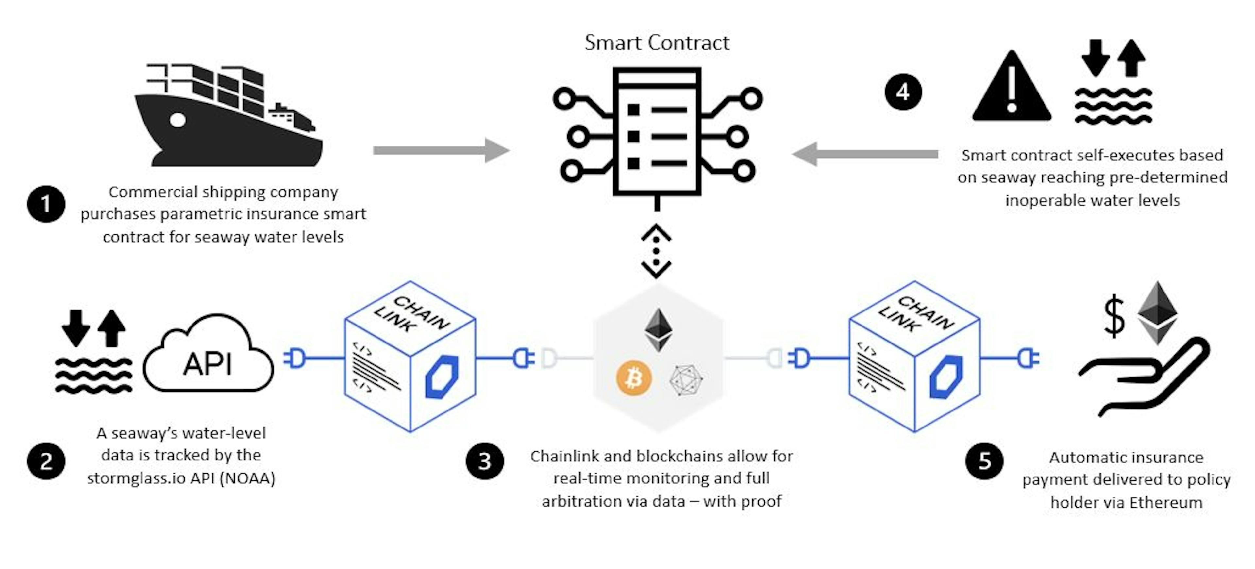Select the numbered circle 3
pos(485,461)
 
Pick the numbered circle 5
pos(984,461)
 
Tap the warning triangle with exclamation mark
pos(1012,86)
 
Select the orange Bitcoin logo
pos(634,378)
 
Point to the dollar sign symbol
pos(1114,317)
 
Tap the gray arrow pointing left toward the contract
pos(865,154)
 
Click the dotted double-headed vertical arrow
pos(656,251)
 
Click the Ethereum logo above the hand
pos(1157,313)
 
